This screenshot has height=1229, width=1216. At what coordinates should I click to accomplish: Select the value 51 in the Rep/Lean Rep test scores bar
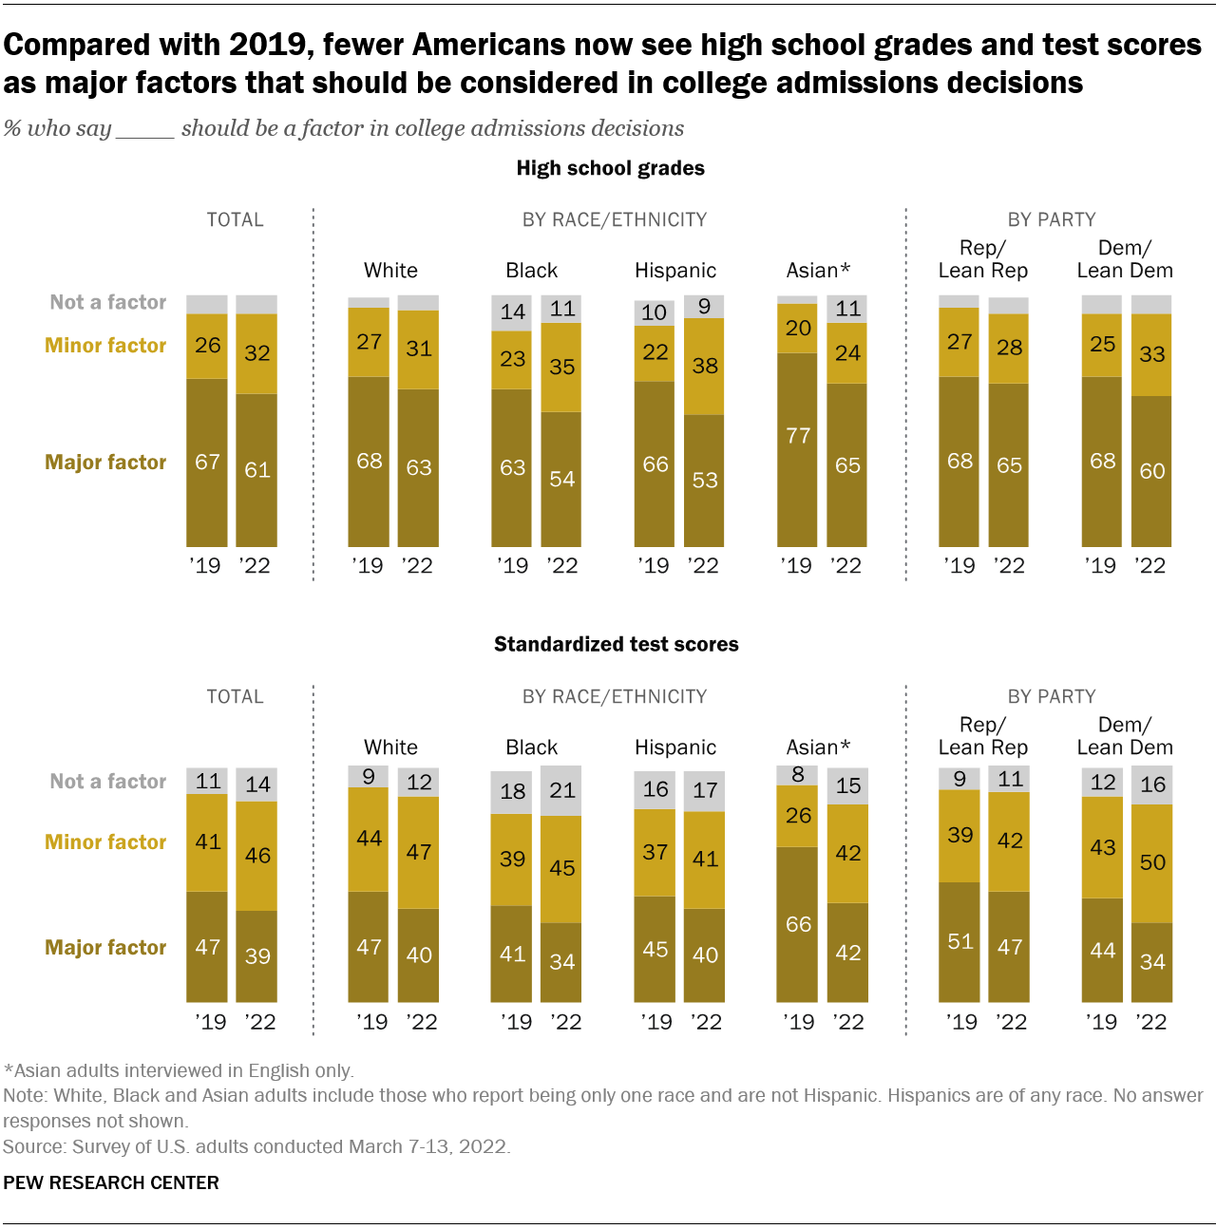pyautogui.click(x=959, y=941)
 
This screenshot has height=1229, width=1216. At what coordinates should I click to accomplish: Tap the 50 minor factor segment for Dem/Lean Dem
pyautogui.click(x=1151, y=862)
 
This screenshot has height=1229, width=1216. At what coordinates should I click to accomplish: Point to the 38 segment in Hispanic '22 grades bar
pyautogui.click(x=704, y=366)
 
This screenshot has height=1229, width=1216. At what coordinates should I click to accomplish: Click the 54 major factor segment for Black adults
pyautogui.click(x=561, y=479)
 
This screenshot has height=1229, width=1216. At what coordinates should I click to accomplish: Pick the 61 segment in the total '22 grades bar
pyautogui.click(x=256, y=469)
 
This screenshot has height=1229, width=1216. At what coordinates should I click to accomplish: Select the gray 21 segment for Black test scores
pyautogui.click(x=561, y=790)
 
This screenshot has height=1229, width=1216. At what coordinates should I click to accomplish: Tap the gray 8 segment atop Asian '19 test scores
pyautogui.click(x=798, y=775)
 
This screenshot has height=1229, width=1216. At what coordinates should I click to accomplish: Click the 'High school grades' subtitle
pyautogui.click(x=610, y=168)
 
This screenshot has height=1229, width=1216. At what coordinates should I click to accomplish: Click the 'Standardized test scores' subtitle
pyautogui.click(x=616, y=644)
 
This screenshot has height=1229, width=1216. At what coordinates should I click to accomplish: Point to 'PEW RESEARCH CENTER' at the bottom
pyautogui.click(x=111, y=1182)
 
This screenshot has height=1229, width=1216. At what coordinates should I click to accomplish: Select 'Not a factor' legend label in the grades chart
pyautogui.click(x=107, y=302)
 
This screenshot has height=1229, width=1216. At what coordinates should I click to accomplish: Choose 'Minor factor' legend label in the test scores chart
pyautogui.click(x=105, y=841)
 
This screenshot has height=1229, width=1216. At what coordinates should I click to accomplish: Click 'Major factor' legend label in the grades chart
pyautogui.click(x=105, y=462)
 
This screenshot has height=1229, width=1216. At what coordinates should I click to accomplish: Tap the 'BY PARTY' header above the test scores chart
pyautogui.click(x=1051, y=696)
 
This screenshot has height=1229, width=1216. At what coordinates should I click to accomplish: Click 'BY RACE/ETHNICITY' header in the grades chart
pyautogui.click(x=614, y=219)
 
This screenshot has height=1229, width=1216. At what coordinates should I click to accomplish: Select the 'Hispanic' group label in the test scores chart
pyautogui.click(x=674, y=747)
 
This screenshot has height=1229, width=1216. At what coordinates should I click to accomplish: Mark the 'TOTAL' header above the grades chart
pyautogui.click(x=235, y=219)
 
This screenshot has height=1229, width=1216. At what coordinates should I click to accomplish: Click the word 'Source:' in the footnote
pyautogui.click(x=34, y=1146)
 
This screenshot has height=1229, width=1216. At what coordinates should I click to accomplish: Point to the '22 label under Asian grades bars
pyautogui.click(x=845, y=566)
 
